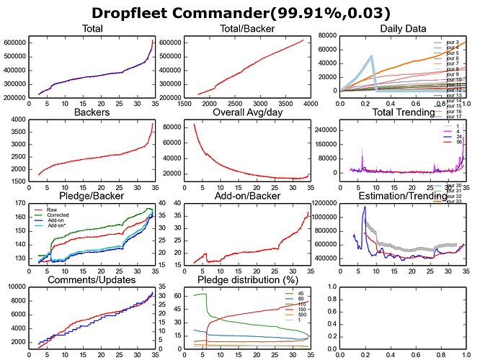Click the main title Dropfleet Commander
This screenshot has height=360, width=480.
pyautogui.click(x=239, y=12)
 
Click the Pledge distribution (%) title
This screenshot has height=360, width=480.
pyautogui.click(x=240, y=279)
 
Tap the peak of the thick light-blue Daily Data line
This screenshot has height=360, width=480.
pyautogui.click(x=371, y=56)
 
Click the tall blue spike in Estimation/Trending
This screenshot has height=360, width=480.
pyautogui.click(x=365, y=207)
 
